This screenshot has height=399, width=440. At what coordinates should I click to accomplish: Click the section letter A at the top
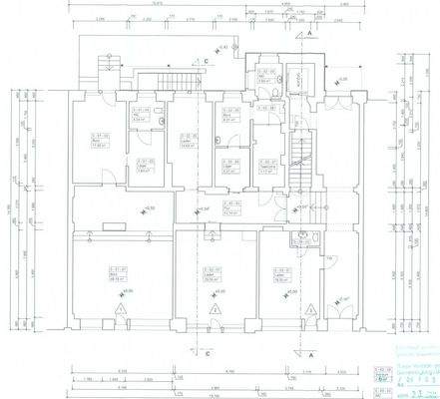311,34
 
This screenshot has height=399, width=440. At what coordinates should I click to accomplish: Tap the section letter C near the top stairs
206,62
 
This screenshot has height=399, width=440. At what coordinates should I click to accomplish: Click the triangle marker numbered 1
120,311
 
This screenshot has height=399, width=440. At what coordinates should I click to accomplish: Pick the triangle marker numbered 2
217,311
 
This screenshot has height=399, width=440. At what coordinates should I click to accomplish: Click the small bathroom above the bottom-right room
306,235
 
